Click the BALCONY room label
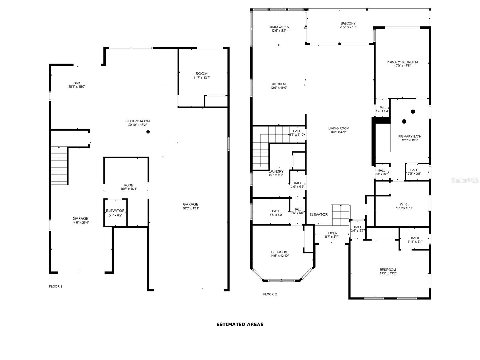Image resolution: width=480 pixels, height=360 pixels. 348,23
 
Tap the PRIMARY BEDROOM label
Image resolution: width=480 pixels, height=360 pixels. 402,62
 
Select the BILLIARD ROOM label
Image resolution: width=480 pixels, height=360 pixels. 137,121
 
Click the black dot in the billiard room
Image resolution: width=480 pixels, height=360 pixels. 148,132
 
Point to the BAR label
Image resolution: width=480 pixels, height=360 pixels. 77,83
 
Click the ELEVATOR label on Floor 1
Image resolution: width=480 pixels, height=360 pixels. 115,211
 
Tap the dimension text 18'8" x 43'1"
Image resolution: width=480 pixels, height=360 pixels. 191,208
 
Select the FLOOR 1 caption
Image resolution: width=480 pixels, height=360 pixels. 56,286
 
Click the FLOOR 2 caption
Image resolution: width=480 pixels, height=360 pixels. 270,294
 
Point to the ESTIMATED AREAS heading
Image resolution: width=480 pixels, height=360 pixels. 240,324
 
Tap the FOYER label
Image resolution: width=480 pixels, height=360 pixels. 331,233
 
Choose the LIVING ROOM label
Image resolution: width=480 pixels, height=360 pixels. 339,128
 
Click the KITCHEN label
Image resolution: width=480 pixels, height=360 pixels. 279,84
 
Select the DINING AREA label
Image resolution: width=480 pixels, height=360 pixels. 279,27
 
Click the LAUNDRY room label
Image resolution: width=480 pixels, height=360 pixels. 276,172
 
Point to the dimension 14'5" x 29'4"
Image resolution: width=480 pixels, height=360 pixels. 81,223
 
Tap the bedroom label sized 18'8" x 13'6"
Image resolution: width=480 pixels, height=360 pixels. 388,270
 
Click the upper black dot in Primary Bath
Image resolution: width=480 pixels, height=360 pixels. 413,112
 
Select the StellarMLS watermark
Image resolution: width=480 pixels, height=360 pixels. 465,180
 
